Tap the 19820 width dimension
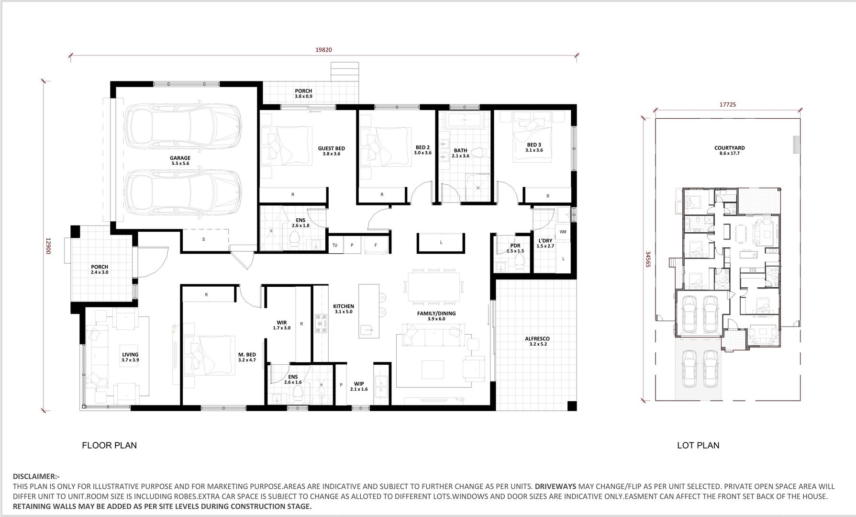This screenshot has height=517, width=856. pyautogui.click(x=323, y=50)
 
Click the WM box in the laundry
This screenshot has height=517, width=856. pyautogui.click(x=563, y=232)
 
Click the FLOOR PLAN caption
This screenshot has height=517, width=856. pyautogui.click(x=110, y=445)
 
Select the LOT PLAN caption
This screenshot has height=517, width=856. pyautogui.click(x=698, y=445)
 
